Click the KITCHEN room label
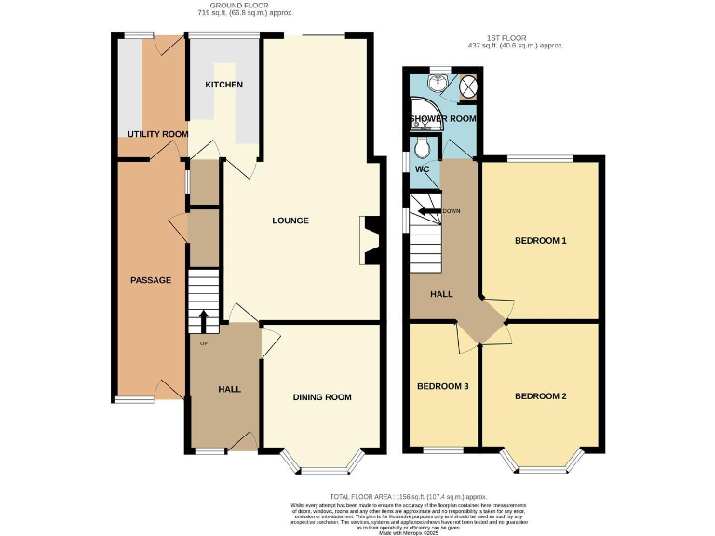coord(223,85)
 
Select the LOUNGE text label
coord(290,221)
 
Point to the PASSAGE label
coord(150,280)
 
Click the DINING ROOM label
coord(322,397)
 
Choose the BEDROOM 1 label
coord(541,241)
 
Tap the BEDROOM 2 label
coord(541,396)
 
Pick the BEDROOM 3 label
coord(442,386)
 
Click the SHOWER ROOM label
coord(443,119)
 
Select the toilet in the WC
coord(422,150)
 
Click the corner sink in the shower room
coord(431,84)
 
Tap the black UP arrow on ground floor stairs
coord(203,319)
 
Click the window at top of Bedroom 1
coord(540,157)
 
